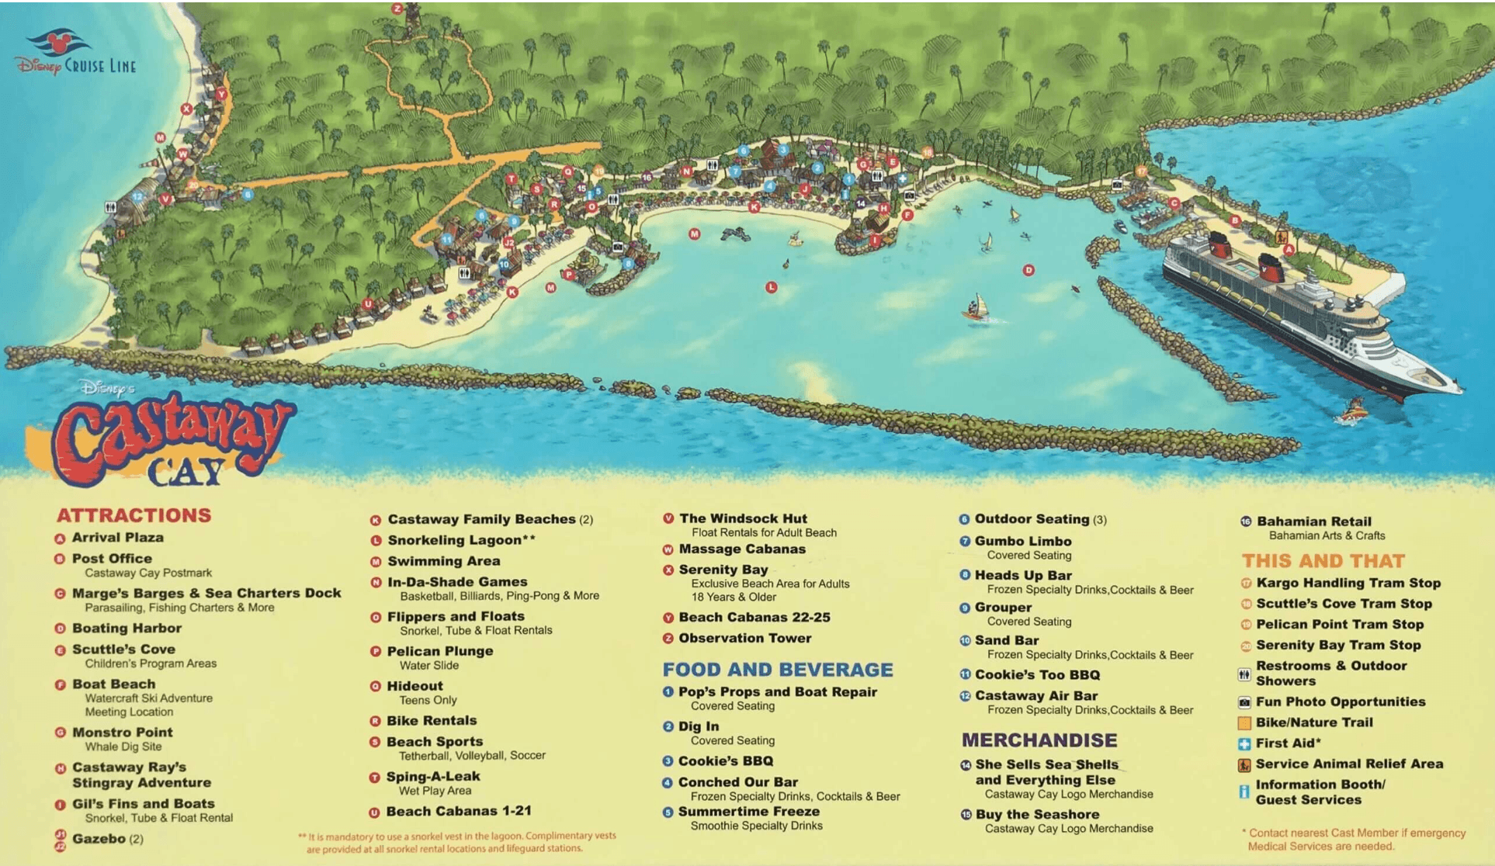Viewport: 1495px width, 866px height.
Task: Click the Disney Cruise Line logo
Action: [x=75, y=54]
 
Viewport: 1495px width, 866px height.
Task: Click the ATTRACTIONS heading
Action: [x=134, y=515]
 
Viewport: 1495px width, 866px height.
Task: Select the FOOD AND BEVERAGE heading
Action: [x=777, y=670]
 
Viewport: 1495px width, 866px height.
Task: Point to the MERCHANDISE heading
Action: [x=1039, y=740]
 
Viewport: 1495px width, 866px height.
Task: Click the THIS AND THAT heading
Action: [x=1323, y=561]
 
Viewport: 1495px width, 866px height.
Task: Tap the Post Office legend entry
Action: [x=112, y=559]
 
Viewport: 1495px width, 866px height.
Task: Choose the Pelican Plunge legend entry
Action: [x=439, y=651]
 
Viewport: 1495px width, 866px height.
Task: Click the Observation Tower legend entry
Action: [x=744, y=638]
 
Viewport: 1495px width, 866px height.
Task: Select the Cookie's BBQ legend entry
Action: [x=725, y=761]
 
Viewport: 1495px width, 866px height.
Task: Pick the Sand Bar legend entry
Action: [x=1006, y=640]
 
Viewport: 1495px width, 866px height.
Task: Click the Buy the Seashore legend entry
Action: [x=1036, y=814]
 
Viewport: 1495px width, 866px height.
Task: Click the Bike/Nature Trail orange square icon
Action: [x=1244, y=723]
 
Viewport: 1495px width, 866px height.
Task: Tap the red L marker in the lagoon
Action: [x=771, y=287]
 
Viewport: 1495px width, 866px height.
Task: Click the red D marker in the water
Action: [x=1028, y=270]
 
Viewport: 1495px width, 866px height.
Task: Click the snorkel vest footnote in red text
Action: [x=458, y=842]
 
